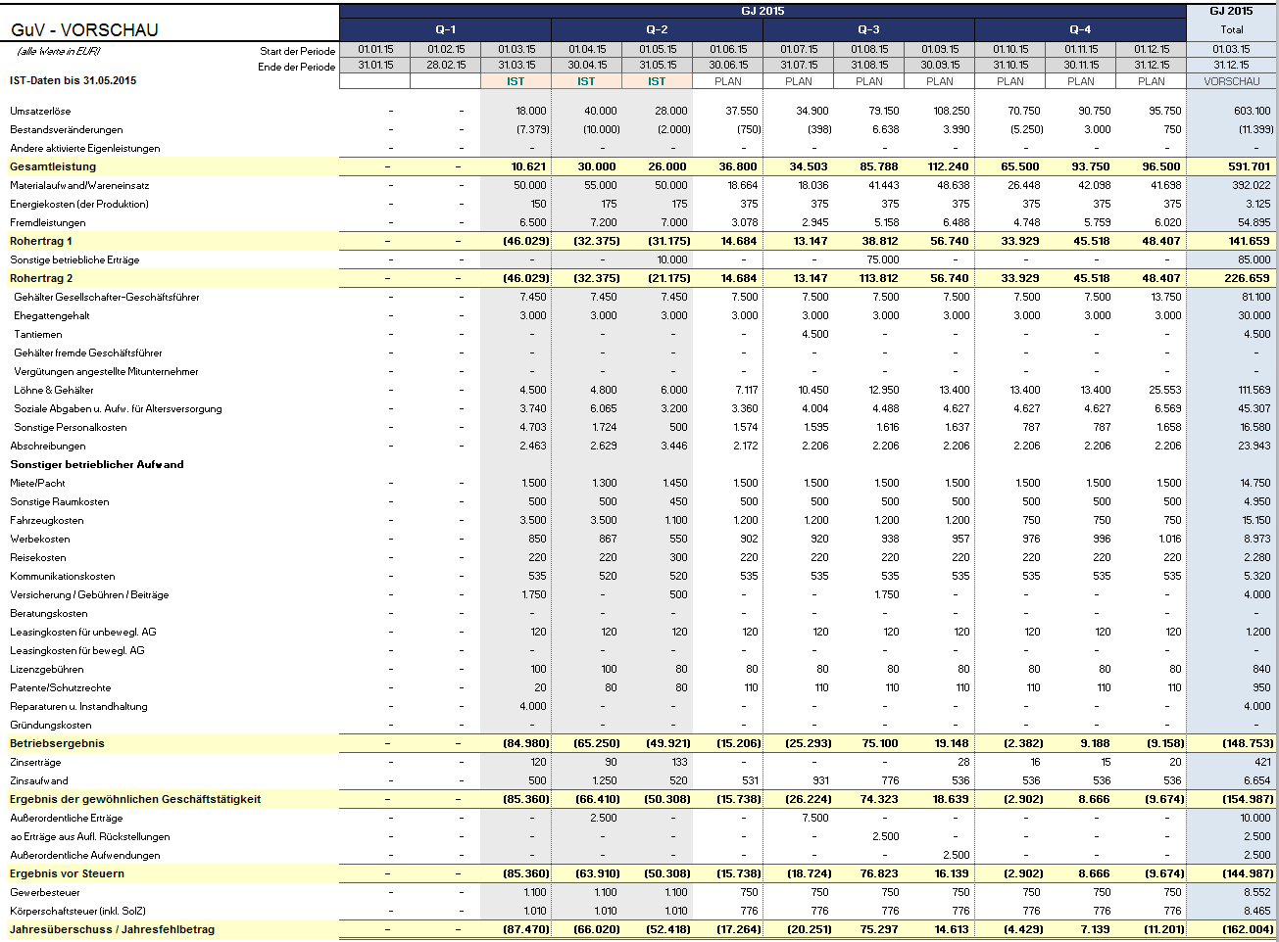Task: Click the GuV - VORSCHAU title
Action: [x=84, y=29]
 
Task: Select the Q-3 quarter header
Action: [x=868, y=29]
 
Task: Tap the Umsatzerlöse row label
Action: [x=40, y=111]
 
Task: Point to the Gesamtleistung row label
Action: [x=53, y=166]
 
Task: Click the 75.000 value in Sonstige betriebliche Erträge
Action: [x=882, y=259]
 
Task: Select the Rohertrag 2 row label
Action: [x=41, y=278]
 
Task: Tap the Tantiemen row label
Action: [x=37, y=334]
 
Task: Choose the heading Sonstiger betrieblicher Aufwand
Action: [x=97, y=464]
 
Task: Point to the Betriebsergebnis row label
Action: [x=57, y=743]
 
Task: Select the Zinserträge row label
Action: [x=35, y=762]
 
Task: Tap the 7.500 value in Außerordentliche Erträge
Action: [x=814, y=818]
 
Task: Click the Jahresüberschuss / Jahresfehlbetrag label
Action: [x=112, y=929]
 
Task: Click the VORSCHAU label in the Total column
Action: [x=1231, y=81]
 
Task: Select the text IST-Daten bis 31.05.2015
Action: [x=73, y=80]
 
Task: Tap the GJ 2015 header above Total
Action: [x=1231, y=11]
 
